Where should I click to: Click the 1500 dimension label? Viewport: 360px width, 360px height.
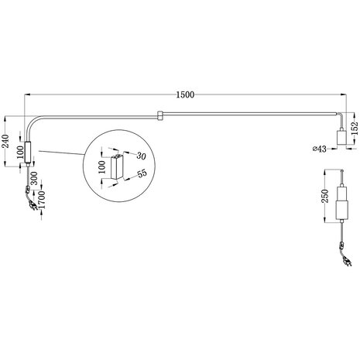pyautogui.click(x=184, y=94)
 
